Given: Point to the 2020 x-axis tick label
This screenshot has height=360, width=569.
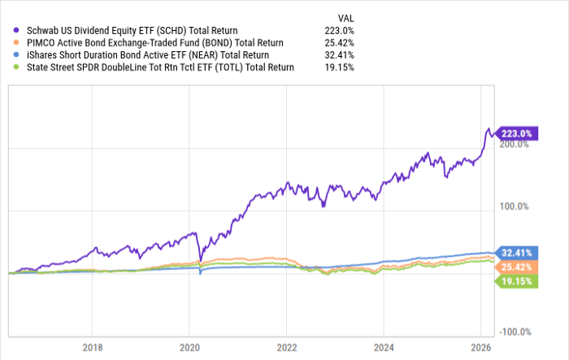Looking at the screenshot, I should click(x=189, y=345).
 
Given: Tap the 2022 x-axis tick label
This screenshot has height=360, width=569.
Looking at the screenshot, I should click(x=286, y=345).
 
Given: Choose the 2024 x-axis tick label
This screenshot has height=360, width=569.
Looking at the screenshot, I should click(x=384, y=345).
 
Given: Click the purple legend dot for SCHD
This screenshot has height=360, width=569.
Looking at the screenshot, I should click(x=15, y=30).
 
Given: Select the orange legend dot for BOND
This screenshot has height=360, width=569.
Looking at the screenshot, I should click(x=15, y=42).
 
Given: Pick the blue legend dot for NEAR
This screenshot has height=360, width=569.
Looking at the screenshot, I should click(x=15, y=54).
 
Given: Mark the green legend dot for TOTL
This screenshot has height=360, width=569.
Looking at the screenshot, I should click(x=15, y=67).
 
